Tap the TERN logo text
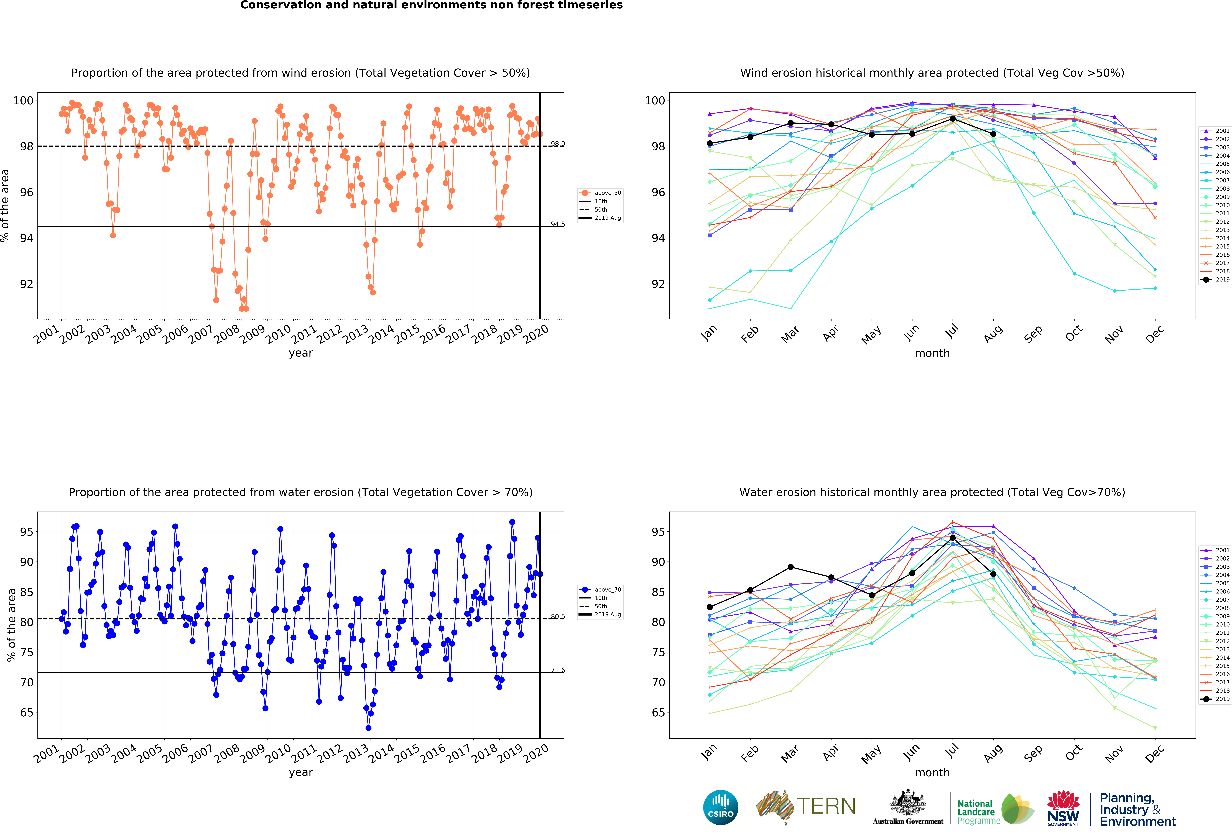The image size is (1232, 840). point(826,806)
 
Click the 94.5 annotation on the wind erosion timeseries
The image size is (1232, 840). point(557,224)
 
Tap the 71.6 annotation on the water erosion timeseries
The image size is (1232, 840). point(557,670)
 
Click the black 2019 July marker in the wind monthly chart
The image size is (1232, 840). point(953,118)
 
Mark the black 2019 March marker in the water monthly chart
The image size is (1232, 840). point(790,567)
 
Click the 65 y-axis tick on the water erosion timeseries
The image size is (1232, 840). point(27,712)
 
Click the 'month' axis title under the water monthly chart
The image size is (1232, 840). point(932,772)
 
